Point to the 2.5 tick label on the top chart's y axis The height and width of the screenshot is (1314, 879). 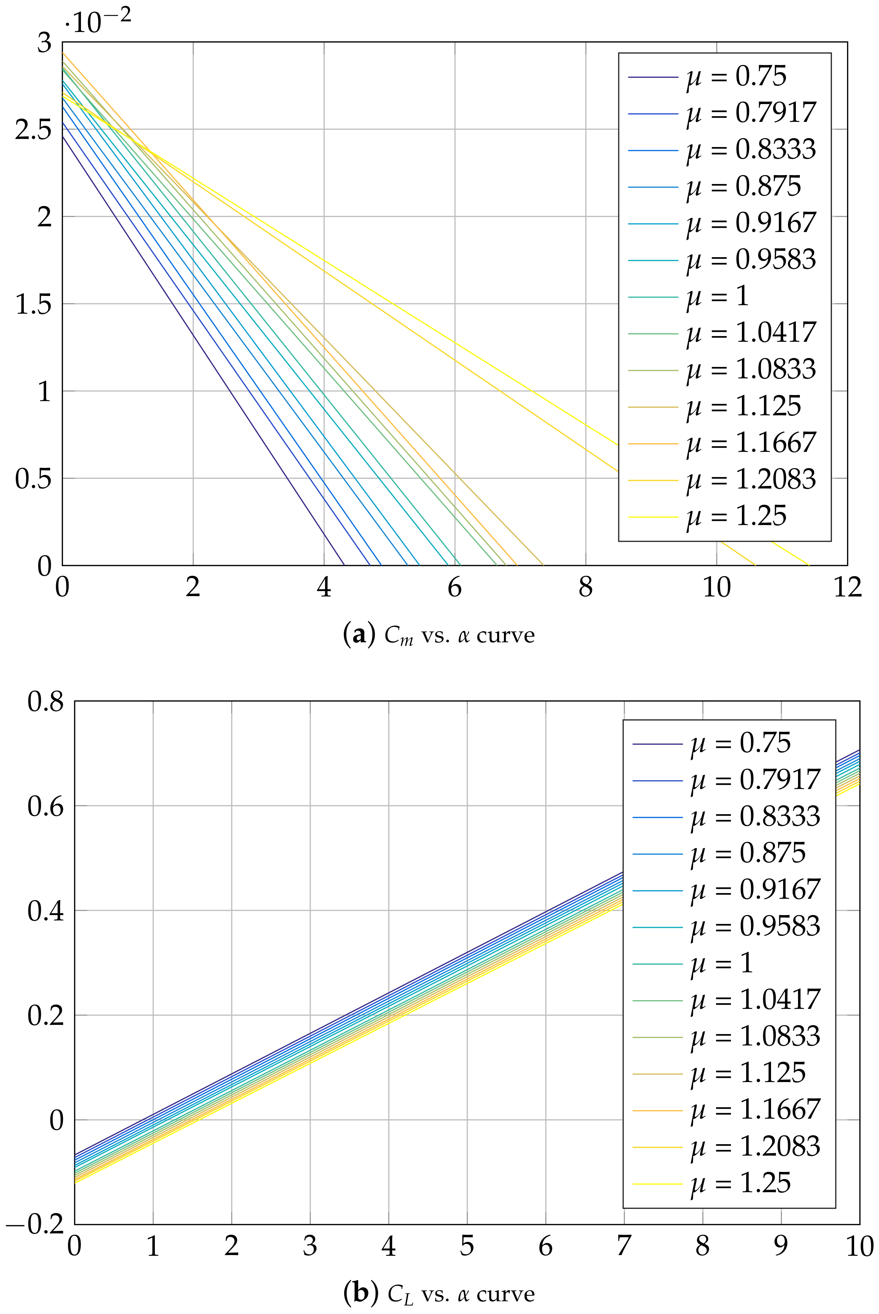33,130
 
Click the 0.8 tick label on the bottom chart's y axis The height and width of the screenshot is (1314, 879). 46,701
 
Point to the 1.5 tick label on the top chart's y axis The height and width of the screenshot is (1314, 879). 33,304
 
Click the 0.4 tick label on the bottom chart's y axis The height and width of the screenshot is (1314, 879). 46,911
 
